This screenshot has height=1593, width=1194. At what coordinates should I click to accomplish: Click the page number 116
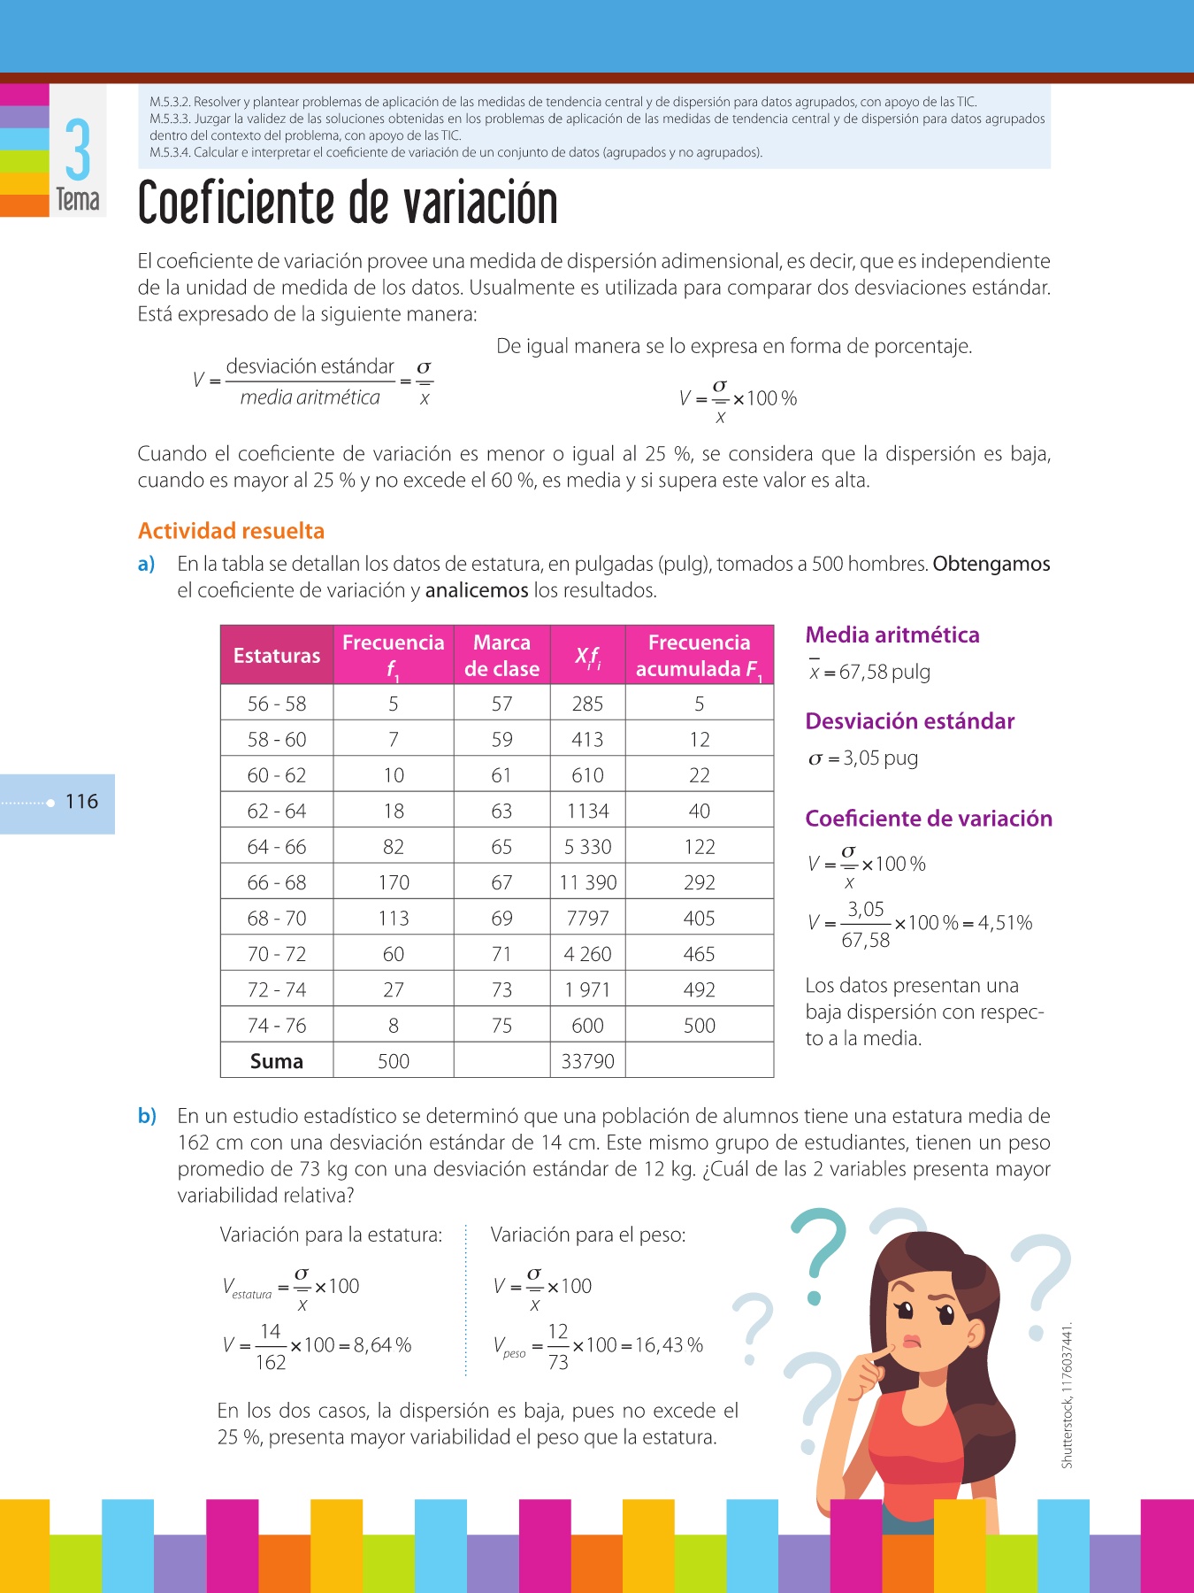(x=81, y=802)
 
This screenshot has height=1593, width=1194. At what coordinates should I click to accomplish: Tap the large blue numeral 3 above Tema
(x=78, y=150)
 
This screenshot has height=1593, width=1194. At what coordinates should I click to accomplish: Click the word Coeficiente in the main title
(x=238, y=204)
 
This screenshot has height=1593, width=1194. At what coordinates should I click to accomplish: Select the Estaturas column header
(x=277, y=656)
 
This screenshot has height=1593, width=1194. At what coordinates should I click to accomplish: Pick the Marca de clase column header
(x=501, y=656)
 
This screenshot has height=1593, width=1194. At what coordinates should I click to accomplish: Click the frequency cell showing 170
(x=394, y=882)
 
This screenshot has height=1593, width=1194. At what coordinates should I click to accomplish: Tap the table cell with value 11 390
(x=588, y=882)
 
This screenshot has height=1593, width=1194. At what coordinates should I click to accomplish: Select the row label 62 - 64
(x=277, y=811)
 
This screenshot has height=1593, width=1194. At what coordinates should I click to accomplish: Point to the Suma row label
(x=277, y=1061)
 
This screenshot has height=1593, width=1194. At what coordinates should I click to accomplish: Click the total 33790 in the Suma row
(x=588, y=1061)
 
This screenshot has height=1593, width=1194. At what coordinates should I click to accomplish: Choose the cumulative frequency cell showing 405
(x=699, y=919)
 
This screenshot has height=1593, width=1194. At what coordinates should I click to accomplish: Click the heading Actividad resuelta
(x=231, y=531)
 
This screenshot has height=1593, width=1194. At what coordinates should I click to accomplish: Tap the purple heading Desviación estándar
(x=909, y=721)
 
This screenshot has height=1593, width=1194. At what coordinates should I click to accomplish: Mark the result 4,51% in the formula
(x=1005, y=923)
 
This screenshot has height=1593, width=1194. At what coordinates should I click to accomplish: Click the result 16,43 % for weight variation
(x=669, y=1345)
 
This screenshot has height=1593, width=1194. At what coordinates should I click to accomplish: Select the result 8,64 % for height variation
(x=382, y=1345)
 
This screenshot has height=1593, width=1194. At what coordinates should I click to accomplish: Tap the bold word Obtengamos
(x=991, y=564)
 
